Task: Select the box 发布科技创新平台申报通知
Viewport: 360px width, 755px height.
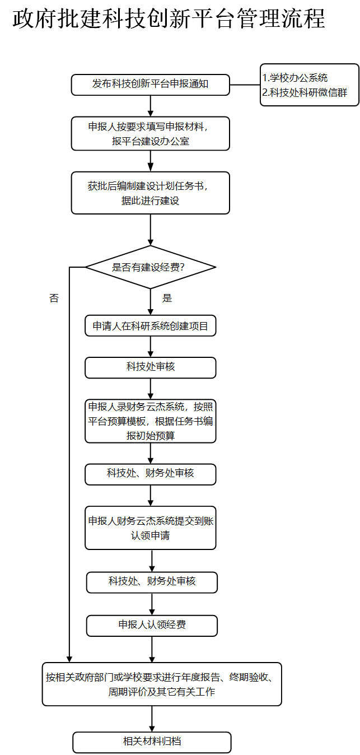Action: pos(150,85)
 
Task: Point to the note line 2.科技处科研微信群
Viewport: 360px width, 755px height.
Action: pos(305,93)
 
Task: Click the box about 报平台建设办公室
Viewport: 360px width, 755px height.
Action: pos(150,134)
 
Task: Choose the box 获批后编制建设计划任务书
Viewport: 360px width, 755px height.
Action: pos(150,193)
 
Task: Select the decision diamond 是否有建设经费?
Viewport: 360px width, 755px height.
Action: pos(150,267)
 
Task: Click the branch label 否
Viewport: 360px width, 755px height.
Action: pos(54,299)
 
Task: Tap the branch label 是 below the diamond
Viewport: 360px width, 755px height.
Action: pos(167,298)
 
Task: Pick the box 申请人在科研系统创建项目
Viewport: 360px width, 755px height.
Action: pos(150,325)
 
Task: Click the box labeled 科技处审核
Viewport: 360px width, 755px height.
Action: pos(150,367)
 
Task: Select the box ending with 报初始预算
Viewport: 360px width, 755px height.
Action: pos(150,421)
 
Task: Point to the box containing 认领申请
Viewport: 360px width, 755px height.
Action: pos(150,528)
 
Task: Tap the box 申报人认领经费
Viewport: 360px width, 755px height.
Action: pos(152,625)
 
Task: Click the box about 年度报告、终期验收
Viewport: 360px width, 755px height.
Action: pos(162,684)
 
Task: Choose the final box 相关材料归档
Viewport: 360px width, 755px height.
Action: pos(152,742)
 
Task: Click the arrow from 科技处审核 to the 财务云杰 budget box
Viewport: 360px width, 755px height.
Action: pos(151,388)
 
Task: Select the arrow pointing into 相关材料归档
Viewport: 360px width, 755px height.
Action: pos(152,719)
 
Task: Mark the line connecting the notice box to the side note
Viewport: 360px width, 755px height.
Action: pos(245,85)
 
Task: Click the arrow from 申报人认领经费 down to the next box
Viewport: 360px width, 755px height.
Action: pos(152,649)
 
